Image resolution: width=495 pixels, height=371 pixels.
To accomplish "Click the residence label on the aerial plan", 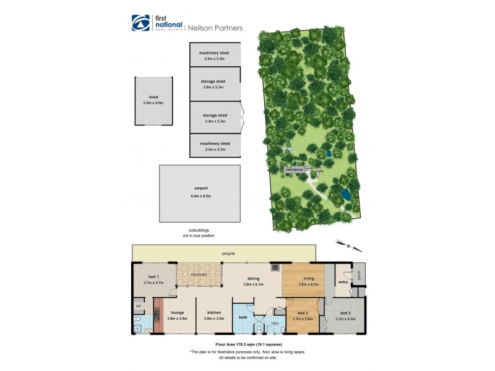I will (x=294, y=169).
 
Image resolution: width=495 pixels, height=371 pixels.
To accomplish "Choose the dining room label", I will (x=253, y=279).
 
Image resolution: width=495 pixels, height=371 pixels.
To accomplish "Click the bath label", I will (x=243, y=317).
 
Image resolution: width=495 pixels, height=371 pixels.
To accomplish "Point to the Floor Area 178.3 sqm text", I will (x=247, y=344).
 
